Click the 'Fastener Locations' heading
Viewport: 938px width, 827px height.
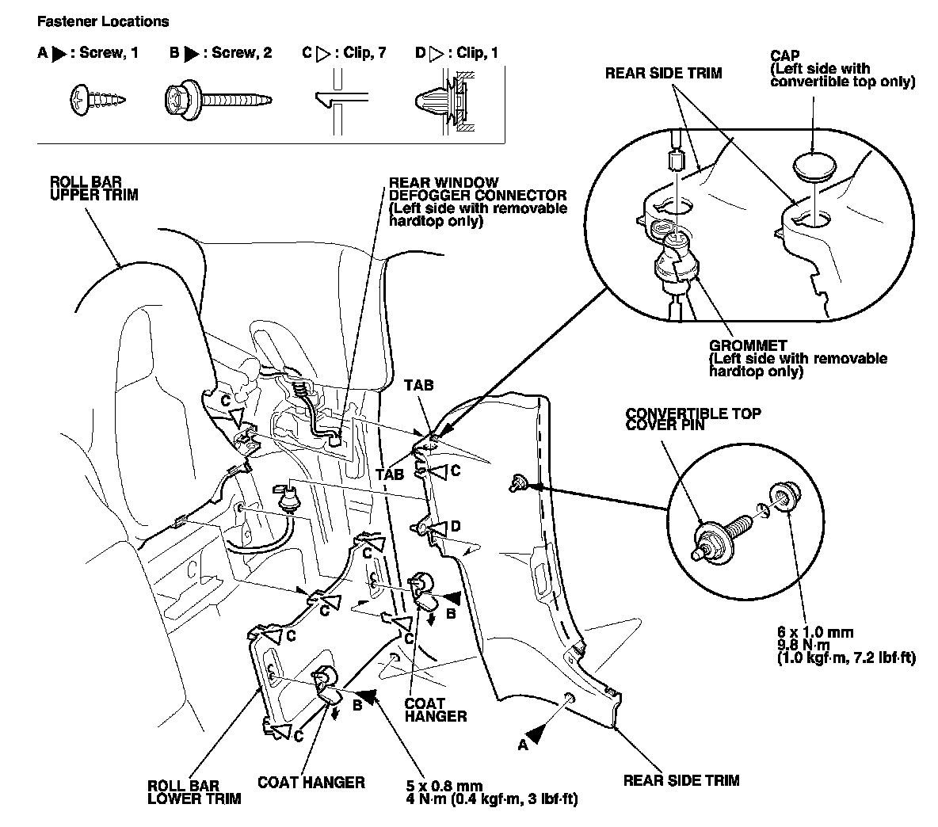click(x=103, y=21)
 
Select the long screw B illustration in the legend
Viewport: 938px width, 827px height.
click(x=218, y=100)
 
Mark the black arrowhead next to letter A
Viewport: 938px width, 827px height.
click(x=536, y=734)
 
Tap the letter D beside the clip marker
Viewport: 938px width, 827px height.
click(x=455, y=525)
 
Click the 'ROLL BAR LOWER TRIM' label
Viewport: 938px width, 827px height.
click(x=194, y=792)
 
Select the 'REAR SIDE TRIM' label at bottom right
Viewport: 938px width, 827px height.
click(x=681, y=780)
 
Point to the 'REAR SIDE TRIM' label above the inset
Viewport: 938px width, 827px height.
click(x=663, y=74)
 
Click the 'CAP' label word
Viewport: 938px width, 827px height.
click(x=784, y=56)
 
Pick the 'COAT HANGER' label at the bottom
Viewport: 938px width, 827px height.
click(x=311, y=783)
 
